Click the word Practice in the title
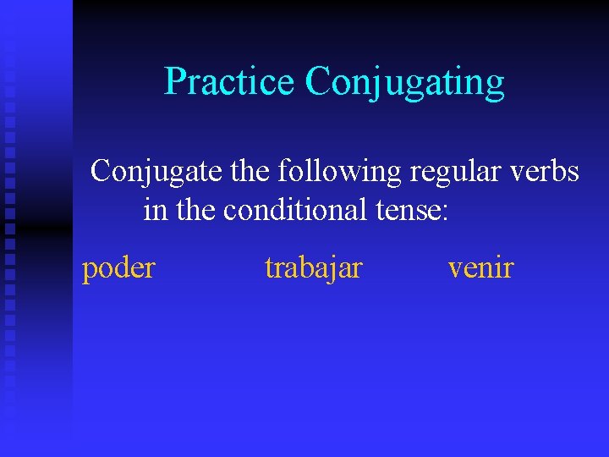click(x=229, y=81)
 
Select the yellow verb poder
click(x=118, y=269)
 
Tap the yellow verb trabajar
click(x=314, y=268)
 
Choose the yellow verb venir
click(x=480, y=268)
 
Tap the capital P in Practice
click(x=173, y=81)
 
